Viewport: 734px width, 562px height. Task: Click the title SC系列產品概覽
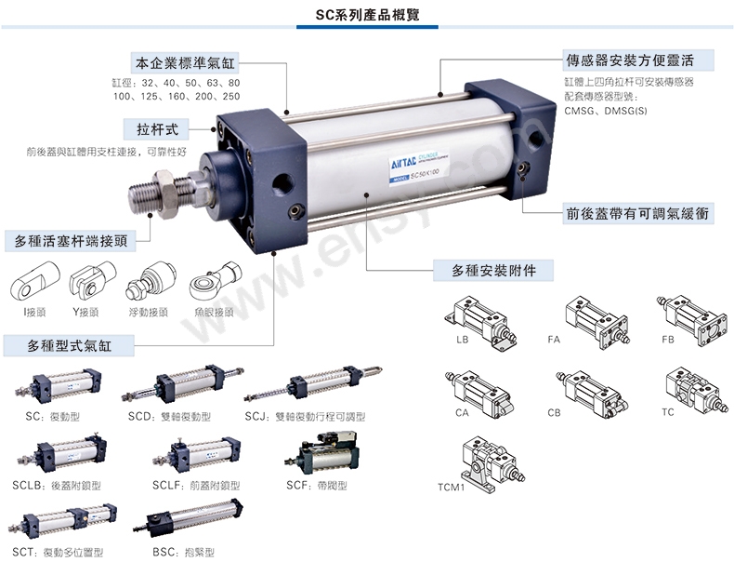click(367, 16)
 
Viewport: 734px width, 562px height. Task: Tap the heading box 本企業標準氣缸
click(186, 64)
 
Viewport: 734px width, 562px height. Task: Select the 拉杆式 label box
click(157, 128)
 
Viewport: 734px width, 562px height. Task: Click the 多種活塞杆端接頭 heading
click(71, 241)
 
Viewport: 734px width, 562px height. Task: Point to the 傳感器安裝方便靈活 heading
click(640, 62)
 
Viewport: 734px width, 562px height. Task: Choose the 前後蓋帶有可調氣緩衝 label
click(640, 213)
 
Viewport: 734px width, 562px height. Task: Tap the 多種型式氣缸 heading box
click(70, 346)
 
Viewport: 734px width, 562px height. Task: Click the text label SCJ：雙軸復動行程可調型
click(306, 416)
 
